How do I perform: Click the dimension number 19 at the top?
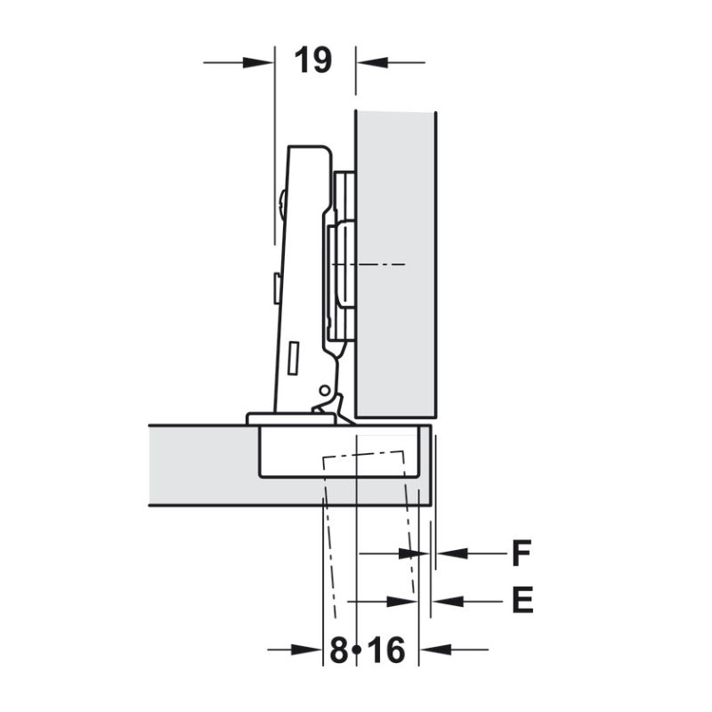tap(312, 61)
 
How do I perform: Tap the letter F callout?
tap(521, 554)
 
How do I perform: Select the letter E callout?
tap(522, 602)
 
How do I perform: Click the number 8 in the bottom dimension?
tap(338, 651)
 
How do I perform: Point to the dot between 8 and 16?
tap(358, 650)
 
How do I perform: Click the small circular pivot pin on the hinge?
tap(324, 391)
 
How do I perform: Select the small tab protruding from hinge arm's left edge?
tap(277, 287)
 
